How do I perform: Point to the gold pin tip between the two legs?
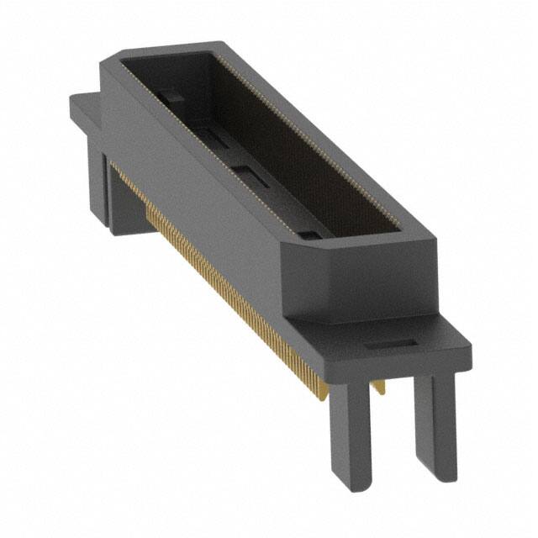coord(381,387)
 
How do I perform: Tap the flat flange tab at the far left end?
coord(84,109)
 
